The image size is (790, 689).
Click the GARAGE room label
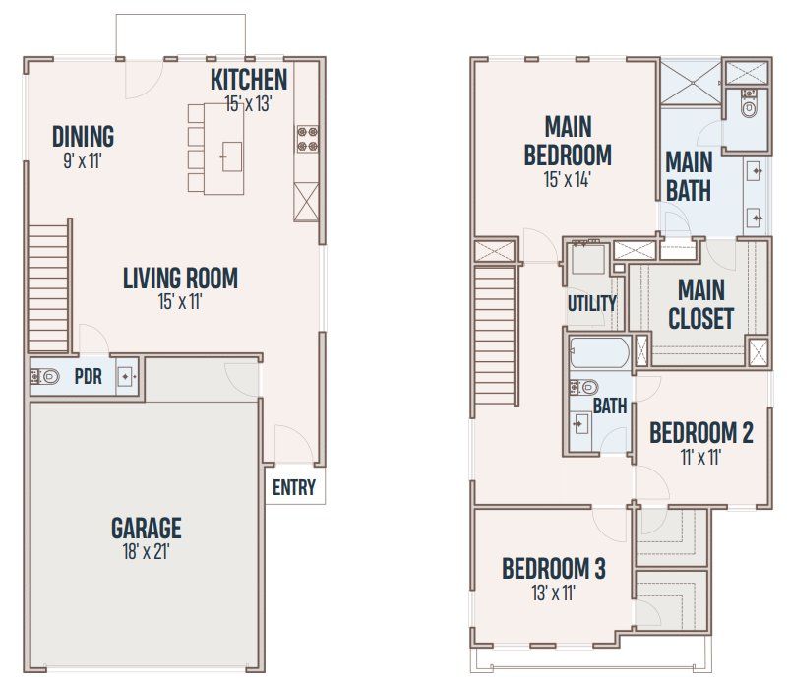pos(146,528)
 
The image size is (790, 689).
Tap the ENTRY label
pos(293,487)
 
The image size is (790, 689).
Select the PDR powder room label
pos(88,376)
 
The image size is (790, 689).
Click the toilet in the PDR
pos(44,375)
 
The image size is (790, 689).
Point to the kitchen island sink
pos(232,156)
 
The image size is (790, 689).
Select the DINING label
pos(83,136)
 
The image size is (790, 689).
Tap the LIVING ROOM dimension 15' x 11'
pos(180,302)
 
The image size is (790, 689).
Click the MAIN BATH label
pos(689,174)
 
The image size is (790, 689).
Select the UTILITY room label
pos(591,303)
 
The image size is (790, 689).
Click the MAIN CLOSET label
pos(700,304)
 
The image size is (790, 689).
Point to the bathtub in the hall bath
pos(598,352)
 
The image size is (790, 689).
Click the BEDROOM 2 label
pos(701,432)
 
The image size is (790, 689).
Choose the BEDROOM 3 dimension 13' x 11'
pos(553,593)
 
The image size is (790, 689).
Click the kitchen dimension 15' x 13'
pos(248,103)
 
